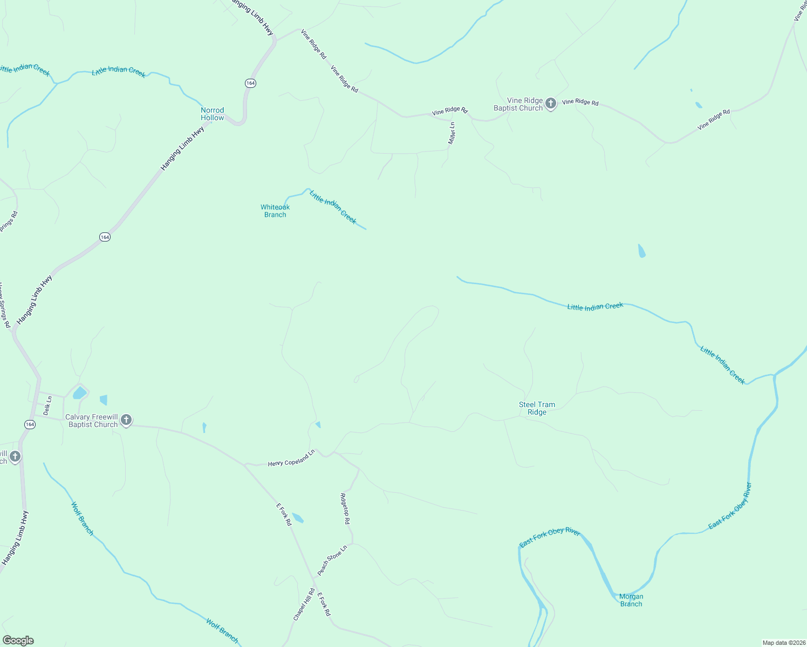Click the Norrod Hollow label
pos(212,114)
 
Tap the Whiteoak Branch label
pos(275,211)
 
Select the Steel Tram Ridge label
pos(537,408)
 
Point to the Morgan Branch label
pos(631,600)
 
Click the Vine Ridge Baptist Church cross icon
pos(550,104)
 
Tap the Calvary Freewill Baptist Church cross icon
pos(126,420)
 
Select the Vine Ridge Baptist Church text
pos(518,104)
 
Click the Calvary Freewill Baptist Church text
pos(92,421)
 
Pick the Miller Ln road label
pos(452,133)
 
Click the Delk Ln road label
pos(48,406)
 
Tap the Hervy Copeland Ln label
pos(291,459)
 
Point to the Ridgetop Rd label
pos(345,508)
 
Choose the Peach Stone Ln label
pos(331,560)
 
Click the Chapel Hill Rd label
pos(304,604)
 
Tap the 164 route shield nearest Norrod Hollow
pos(250,83)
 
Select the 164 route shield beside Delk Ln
pos(30,425)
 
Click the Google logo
pos(18,641)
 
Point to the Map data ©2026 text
pos(783,643)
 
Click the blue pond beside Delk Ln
pos(79,393)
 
